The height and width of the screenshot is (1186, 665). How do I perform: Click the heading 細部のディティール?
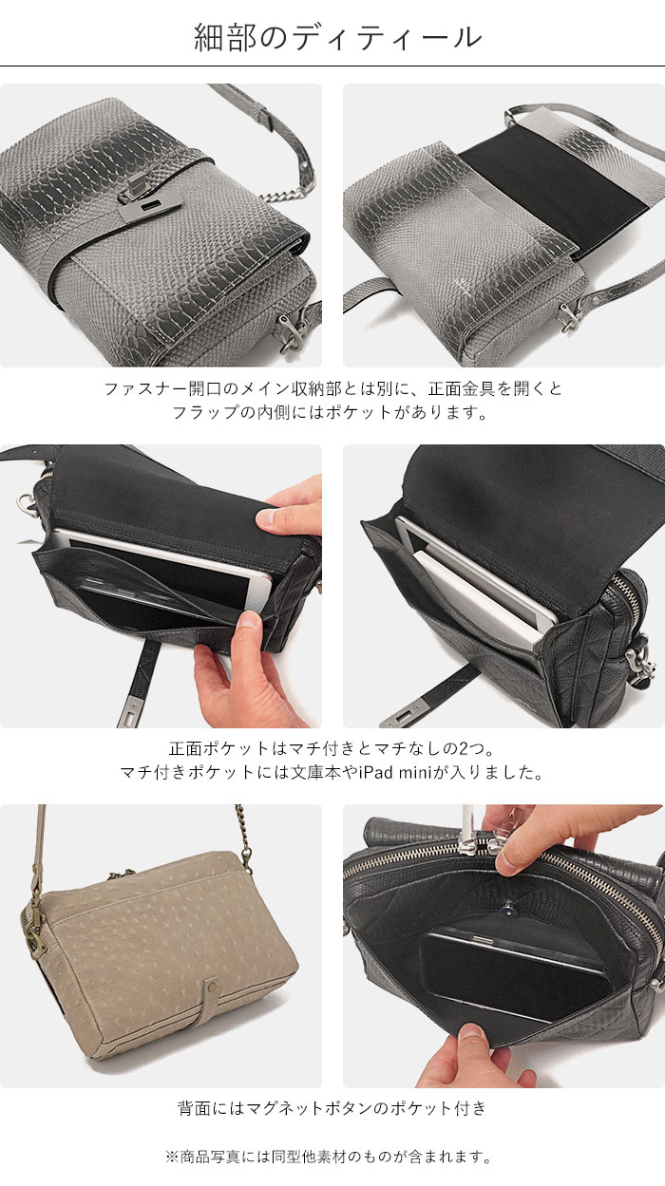(x=337, y=38)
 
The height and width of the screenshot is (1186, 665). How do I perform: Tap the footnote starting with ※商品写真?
(x=329, y=1157)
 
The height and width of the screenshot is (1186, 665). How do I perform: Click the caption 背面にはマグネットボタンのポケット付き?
(x=332, y=1107)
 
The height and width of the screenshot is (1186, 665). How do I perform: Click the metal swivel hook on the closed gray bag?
(x=293, y=329)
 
